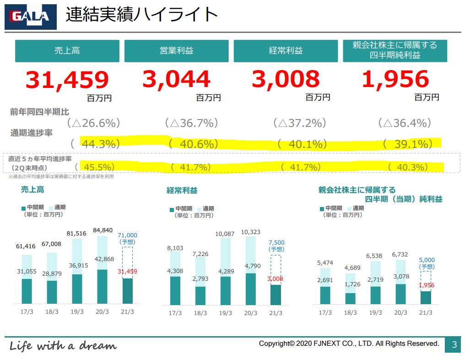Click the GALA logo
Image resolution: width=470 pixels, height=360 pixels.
[x=30, y=17]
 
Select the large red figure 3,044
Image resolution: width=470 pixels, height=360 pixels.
[x=176, y=79]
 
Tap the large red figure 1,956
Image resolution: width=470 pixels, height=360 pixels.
[x=395, y=79]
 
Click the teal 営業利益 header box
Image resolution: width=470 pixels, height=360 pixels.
[x=176, y=51]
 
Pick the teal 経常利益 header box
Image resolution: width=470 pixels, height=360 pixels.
[x=286, y=51]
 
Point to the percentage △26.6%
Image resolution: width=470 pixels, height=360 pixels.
[x=93, y=123]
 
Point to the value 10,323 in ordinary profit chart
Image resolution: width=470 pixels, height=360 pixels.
[x=250, y=232]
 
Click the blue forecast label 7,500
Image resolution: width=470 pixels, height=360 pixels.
[x=276, y=243]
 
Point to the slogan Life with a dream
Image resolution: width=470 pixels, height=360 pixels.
[x=63, y=345]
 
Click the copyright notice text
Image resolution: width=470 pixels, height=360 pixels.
[x=349, y=344]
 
